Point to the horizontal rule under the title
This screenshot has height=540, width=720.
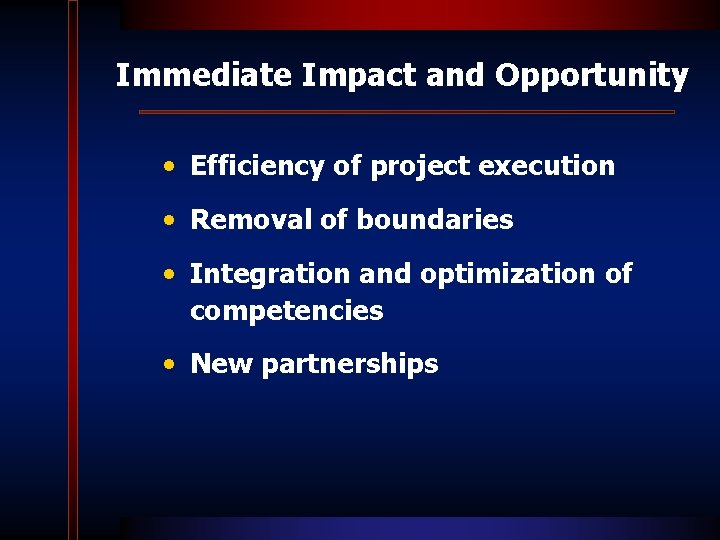pos(406,112)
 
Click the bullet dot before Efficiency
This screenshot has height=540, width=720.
pos(174,166)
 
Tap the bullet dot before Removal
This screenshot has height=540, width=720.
pos(174,220)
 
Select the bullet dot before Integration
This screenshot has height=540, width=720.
pos(174,274)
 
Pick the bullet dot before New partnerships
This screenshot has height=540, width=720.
pos(174,364)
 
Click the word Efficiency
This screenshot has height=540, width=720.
pos(258,166)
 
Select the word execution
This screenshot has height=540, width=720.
pos(547,166)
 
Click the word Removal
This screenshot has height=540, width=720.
pos(251,220)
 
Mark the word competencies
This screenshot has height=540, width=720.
pos(286,312)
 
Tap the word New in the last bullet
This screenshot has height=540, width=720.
pos(222,364)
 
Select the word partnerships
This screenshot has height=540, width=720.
pos(350,365)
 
